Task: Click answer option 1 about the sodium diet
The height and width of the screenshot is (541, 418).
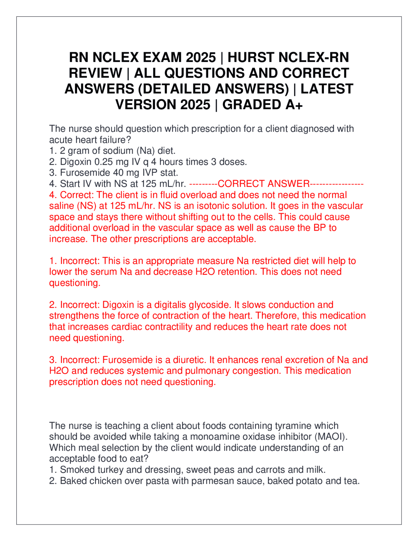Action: coord(112,151)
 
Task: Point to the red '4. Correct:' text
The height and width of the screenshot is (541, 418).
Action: coord(72,195)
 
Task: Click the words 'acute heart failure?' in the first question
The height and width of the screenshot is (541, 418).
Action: coord(90,140)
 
